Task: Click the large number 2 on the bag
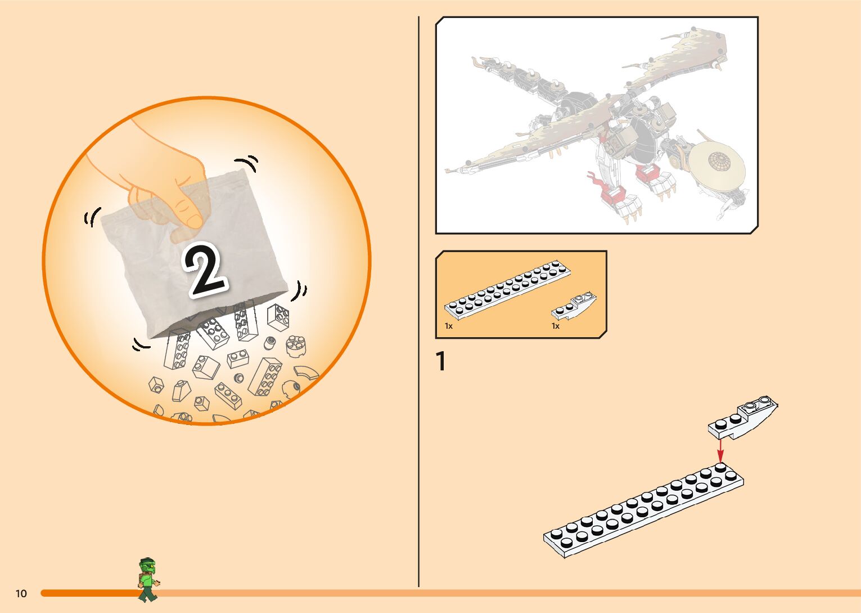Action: [x=206, y=270]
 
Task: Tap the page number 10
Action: [x=21, y=593]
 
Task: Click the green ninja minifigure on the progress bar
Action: [x=148, y=579]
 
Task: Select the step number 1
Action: [x=441, y=362]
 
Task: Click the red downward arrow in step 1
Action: [x=720, y=450]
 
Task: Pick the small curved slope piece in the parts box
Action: [x=574, y=306]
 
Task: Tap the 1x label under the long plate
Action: [x=448, y=326]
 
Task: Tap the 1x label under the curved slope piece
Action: [x=555, y=326]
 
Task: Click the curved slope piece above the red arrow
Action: [x=744, y=418]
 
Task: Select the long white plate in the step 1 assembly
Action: [x=643, y=509]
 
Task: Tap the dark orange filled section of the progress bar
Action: [x=90, y=593]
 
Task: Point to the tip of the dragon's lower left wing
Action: [x=448, y=169]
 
